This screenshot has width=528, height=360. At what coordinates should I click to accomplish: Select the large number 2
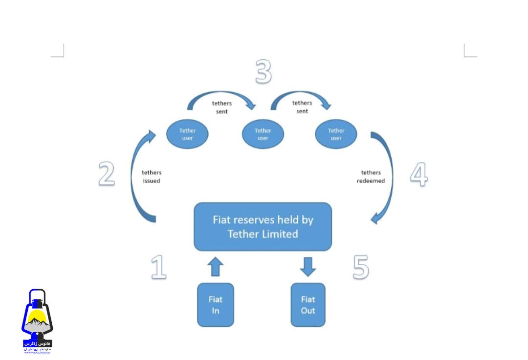pyautogui.click(x=107, y=174)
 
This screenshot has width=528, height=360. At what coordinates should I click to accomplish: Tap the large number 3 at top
pyautogui.click(x=264, y=72)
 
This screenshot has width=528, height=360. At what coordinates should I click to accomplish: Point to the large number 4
pyautogui.click(x=418, y=174)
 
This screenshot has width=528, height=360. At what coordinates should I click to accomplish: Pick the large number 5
pyautogui.click(x=361, y=268)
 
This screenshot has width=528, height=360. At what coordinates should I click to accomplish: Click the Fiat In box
pyautogui.click(x=216, y=305)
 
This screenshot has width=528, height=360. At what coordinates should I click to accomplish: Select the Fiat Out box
pyautogui.click(x=308, y=305)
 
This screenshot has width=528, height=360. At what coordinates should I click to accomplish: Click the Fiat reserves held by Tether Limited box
pyautogui.click(x=263, y=227)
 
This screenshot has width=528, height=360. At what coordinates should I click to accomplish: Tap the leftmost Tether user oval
pyautogui.click(x=187, y=134)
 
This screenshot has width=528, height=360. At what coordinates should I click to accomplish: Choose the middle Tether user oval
pyautogui.click(x=263, y=134)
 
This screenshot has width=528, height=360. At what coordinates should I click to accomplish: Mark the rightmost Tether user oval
pyautogui.click(x=336, y=134)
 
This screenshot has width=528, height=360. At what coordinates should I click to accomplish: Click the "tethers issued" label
pyautogui.click(x=152, y=176)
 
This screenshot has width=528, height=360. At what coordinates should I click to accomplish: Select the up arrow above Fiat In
pyautogui.click(x=216, y=267)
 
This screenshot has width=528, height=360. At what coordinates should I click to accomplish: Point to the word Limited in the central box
pyautogui.click(x=280, y=234)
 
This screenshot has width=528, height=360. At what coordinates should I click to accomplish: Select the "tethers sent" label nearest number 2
pyautogui.click(x=221, y=107)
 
